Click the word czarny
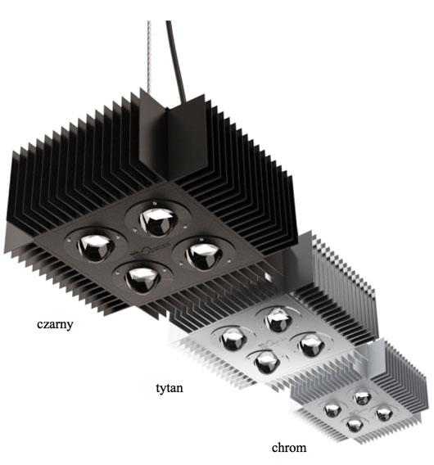(55, 323)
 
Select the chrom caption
(289, 447)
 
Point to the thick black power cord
(174, 49)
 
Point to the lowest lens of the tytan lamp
(264, 361)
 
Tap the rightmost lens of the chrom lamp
(384, 414)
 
